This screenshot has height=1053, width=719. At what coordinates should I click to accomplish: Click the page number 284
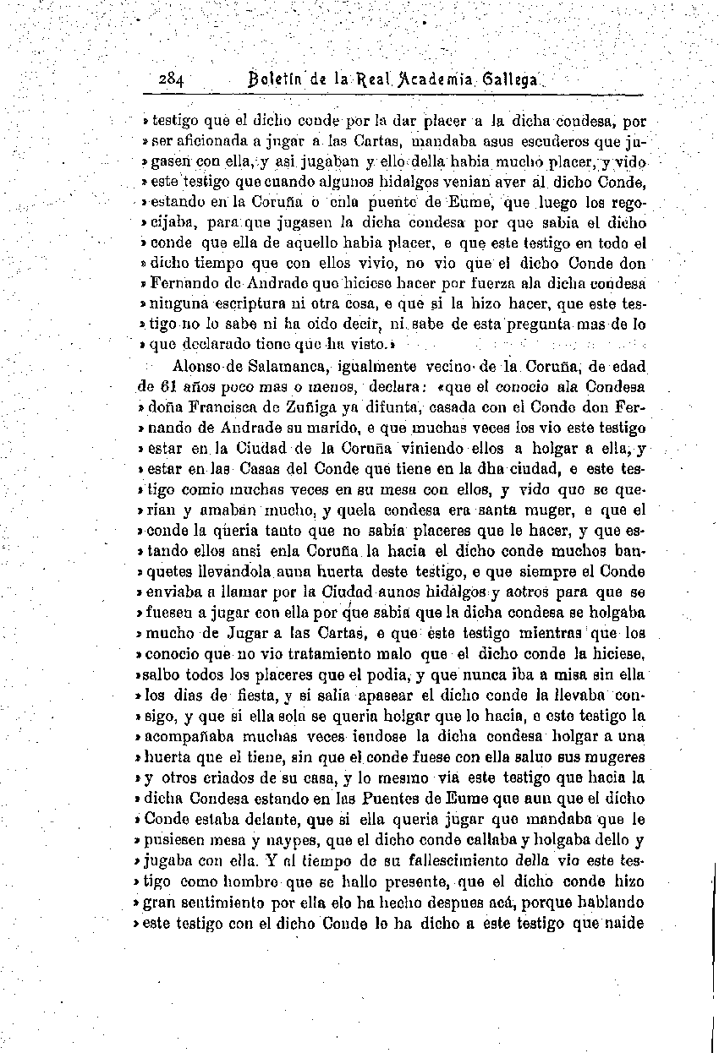tap(172, 79)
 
